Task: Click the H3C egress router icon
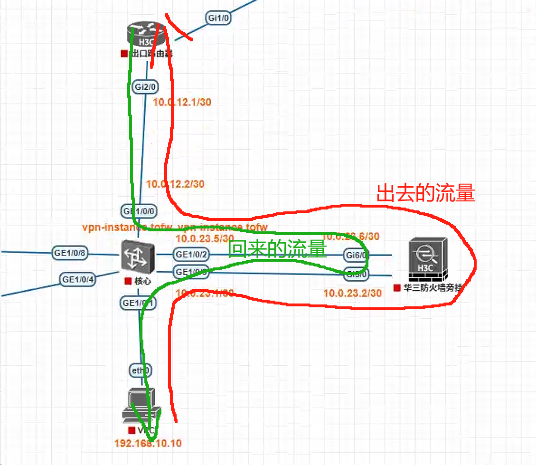147,34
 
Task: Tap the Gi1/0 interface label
218,18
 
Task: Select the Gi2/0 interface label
145,87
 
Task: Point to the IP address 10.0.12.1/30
182,102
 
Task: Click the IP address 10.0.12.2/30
175,184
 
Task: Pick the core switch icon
138,256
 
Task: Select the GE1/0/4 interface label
78,279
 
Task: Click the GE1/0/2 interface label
192,255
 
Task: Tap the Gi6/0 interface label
356,255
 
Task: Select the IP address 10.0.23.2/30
352,294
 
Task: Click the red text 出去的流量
425,193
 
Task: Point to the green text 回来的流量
278,249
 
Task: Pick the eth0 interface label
141,370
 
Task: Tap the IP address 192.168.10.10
148,443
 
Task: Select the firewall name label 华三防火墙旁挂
433,288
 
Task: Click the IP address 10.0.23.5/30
205,238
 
